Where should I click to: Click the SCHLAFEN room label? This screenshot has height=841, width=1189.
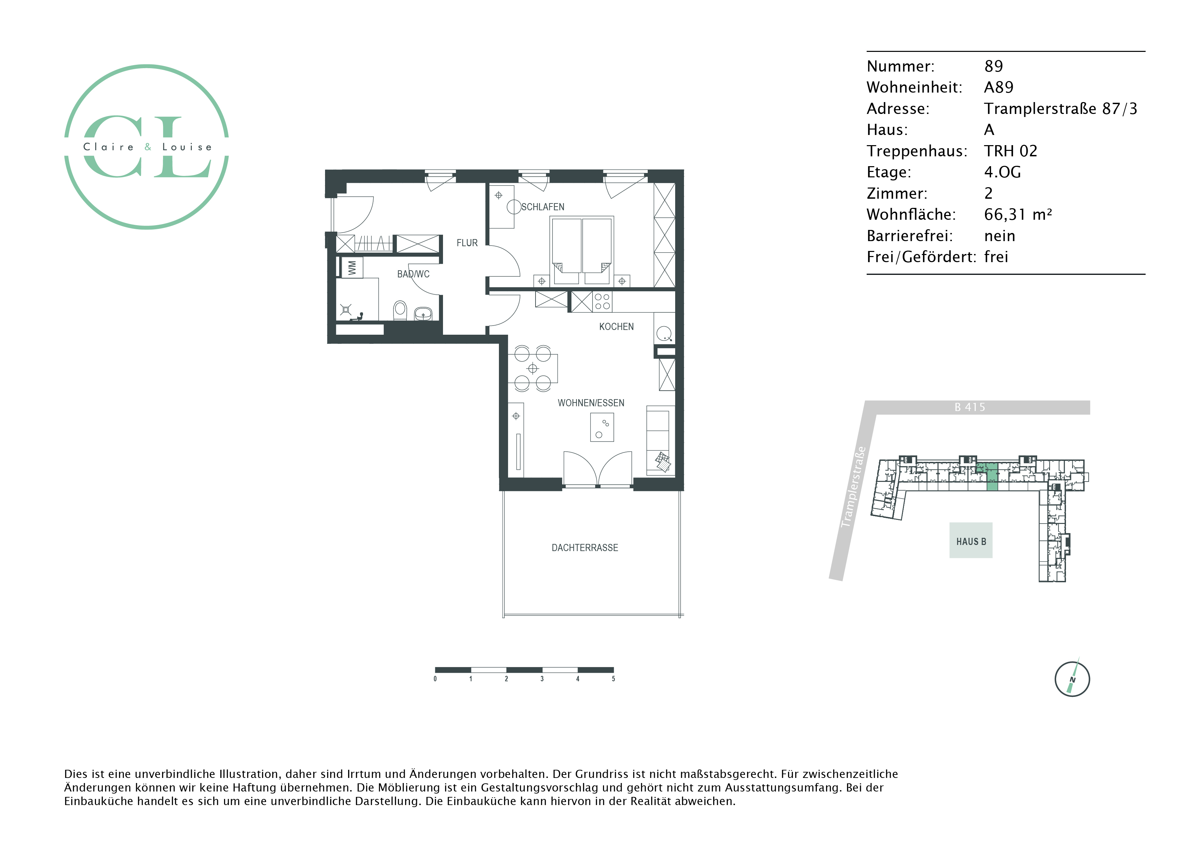click(542, 207)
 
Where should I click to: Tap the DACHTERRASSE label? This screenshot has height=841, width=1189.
click(585, 548)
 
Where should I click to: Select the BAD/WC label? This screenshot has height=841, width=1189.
click(413, 274)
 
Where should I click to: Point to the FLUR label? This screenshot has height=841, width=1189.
click(467, 242)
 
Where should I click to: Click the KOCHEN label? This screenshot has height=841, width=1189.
click(616, 327)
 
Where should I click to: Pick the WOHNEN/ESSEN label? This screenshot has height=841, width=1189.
click(591, 403)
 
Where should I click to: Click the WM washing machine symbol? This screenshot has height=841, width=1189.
click(352, 268)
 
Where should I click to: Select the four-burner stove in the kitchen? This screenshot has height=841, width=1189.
click(602, 301)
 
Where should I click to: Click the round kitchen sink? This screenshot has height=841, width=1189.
click(664, 334)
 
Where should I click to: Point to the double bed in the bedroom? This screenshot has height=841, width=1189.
click(582, 250)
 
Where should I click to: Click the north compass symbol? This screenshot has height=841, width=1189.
click(1072, 679)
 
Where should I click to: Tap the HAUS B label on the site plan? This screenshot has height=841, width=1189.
click(971, 542)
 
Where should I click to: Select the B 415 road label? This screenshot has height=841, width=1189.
click(970, 407)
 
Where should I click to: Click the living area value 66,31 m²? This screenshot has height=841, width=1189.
click(1018, 214)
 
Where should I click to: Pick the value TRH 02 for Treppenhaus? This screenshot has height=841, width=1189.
click(1011, 151)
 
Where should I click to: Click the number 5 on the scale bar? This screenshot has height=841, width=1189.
click(613, 679)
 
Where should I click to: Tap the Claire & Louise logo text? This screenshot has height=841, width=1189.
click(147, 147)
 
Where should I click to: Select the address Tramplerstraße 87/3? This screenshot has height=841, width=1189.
click(1061, 108)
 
